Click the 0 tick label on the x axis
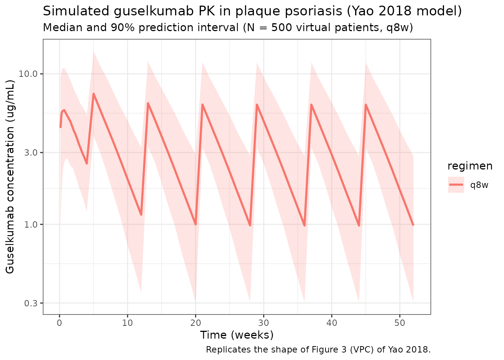(x=59, y=322)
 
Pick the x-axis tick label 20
(x=195, y=322)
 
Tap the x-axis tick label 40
(x=331, y=322)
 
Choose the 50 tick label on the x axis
(x=400, y=322)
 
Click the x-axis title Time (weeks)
(x=237, y=335)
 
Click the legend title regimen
(x=470, y=166)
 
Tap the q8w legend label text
(x=480, y=185)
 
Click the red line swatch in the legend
(x=456, y=185)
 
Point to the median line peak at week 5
(x=93, y=94)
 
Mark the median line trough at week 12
(x=141, y=215)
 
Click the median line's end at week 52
(x=413, y=225)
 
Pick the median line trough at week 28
(x=250, y=226)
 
